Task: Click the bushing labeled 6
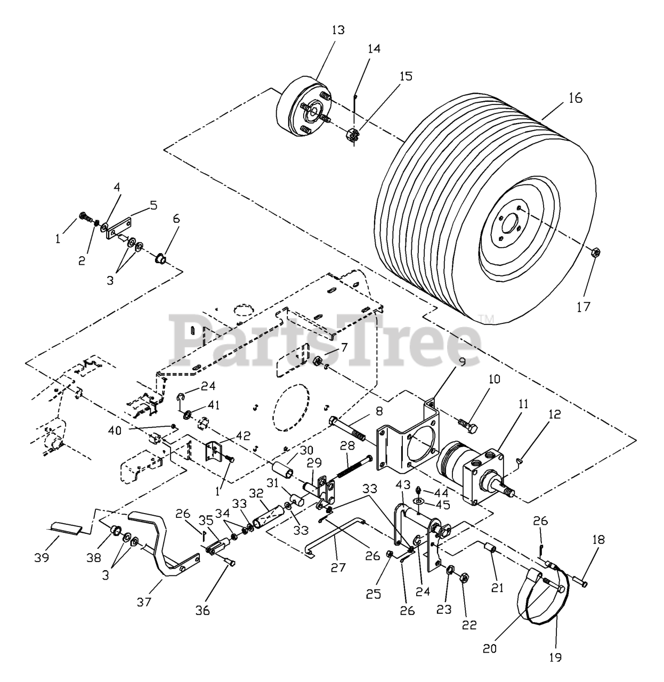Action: point(159,260)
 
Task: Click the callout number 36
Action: point(203,610)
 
